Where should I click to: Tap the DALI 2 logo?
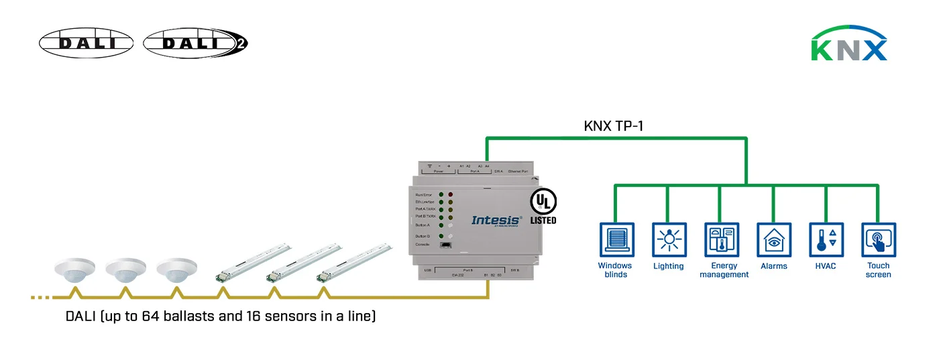(x=195, y=43)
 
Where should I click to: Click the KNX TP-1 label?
(x=613, y=125)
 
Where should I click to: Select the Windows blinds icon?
(x=615, y=240)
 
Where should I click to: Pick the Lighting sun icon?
(x=668, y=240)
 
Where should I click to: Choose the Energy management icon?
(x=721, y=240)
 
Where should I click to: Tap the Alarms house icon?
(x=774, y=240)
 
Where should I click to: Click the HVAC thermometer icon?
(x=826, y=240)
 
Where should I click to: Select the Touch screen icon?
(x=878, y=240)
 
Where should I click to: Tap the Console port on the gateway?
(x=445, y=245)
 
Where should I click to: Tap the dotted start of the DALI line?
(x=40, y=296)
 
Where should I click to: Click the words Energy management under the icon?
(x=724, y=270)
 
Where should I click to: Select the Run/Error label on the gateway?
(x=423, y=194)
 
